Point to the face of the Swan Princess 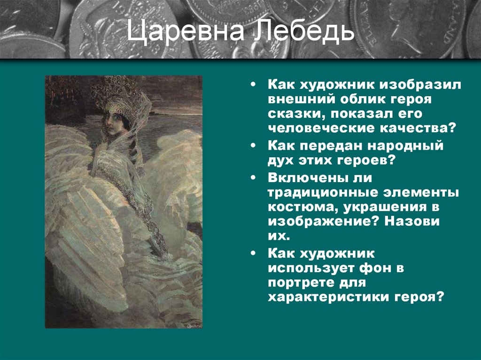(112, 121)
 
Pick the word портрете (303, 283)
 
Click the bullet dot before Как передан (254, 146)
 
